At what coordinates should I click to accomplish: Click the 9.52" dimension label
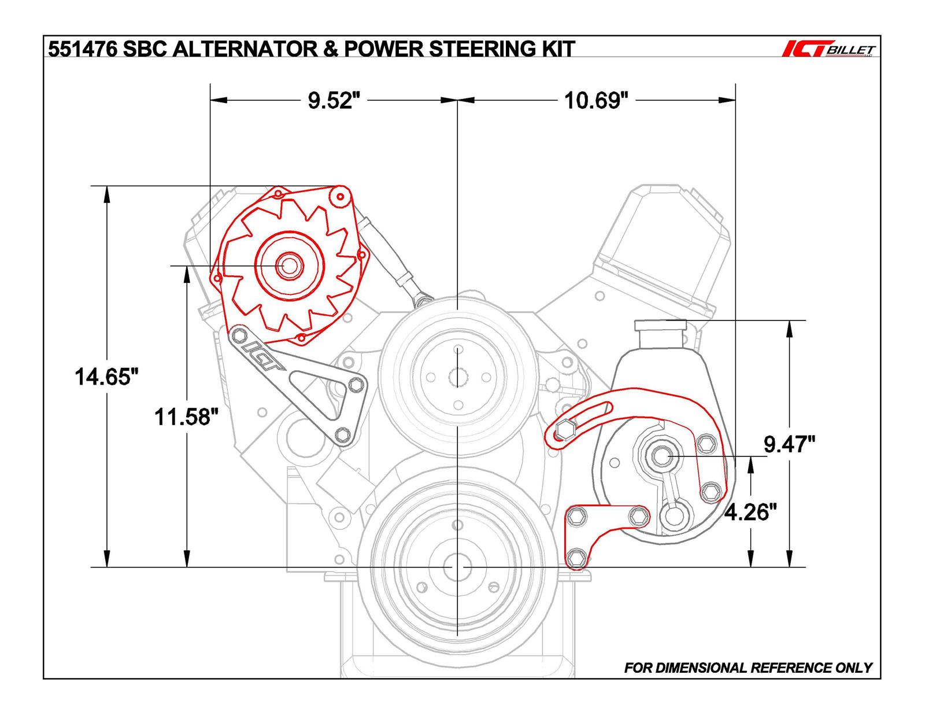330,101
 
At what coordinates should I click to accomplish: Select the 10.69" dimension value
596,101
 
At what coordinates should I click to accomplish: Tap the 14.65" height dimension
108,377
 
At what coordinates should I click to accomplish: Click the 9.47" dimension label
789,444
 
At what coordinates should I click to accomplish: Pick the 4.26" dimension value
750,511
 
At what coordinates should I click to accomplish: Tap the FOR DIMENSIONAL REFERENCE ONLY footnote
748,668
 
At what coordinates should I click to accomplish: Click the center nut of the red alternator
287,266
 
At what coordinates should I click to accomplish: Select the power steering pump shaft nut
660,456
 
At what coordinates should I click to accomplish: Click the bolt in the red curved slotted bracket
564,431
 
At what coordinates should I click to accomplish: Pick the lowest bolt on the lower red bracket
575,558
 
